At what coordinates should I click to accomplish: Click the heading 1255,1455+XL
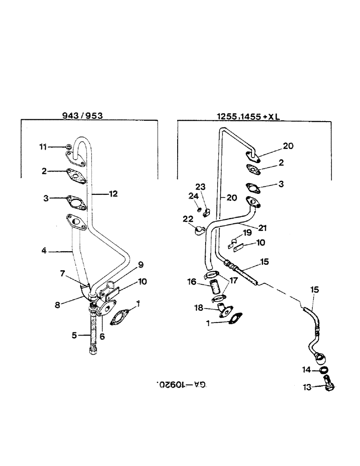click(249, 118)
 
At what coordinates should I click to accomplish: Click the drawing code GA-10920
click(182, 386)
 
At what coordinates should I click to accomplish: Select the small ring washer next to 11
click(69, 147)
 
